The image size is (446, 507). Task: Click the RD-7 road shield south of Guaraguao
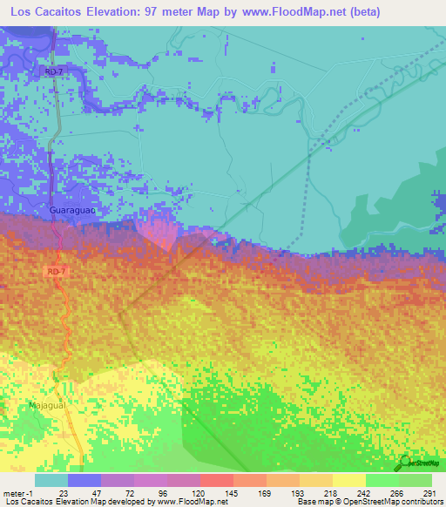pyautogui.click(x=54, y=272)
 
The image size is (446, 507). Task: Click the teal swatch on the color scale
pyautogui.click(x=51, y=480)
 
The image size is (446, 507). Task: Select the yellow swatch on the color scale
pyautogui.click(x=348, y=480)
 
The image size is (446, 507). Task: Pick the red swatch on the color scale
pyautogui.click(x=216, y=480)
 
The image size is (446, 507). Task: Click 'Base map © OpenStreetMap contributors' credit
pyautogui.click(x=368, y=503)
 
